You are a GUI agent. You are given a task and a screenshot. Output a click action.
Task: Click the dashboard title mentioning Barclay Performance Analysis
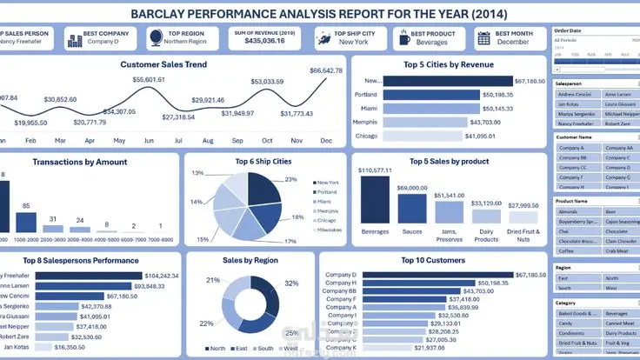coord(320,14)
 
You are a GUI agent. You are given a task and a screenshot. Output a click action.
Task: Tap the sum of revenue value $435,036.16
coord(263,41)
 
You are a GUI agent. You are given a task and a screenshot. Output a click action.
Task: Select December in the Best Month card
coord(514,41)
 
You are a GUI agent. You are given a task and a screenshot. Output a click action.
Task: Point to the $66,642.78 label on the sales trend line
coord(325,70)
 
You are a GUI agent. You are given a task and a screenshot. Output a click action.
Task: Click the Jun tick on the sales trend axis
coord(149,140)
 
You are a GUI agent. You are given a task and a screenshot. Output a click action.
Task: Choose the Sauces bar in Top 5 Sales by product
coord(411,207)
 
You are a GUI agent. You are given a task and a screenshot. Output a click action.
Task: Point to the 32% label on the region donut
coord(290,283)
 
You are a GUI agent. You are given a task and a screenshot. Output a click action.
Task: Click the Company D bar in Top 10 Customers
coord(430,276)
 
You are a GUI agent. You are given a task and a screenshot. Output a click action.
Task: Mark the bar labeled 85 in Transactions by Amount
coord(26,221)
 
